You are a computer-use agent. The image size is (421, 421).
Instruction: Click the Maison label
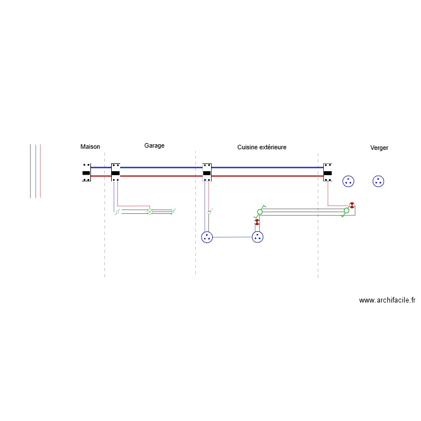[90, 147]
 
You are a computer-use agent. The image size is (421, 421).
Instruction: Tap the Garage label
[154, 145]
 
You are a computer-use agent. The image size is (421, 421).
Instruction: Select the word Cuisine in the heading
[248, 147]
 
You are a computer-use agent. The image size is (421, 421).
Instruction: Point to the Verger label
[379, 148]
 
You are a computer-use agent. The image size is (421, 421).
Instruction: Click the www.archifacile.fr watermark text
[387, 300]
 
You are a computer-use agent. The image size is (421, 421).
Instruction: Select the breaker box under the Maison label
[86, 172]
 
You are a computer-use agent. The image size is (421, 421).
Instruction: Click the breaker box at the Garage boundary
[116, 172]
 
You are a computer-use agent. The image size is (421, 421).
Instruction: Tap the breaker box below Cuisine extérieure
[207, 172]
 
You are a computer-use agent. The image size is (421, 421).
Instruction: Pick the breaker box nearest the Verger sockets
[328, 172]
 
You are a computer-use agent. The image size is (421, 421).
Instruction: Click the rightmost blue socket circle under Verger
[378, 181]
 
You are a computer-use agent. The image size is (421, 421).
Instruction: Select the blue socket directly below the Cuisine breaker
[207, 237]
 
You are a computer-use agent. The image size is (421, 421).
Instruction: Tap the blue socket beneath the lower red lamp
[258, 237]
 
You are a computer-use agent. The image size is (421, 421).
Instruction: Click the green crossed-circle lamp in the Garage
[149, 212]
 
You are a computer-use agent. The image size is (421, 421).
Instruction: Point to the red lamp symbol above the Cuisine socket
[257, 223]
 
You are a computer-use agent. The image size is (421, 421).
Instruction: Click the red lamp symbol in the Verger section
[352, 205]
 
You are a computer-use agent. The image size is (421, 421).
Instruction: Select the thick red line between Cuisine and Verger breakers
[267, 176]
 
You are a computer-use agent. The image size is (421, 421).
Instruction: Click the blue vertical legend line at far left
[35, 171]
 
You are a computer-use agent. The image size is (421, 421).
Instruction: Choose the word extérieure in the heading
[273, 147]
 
